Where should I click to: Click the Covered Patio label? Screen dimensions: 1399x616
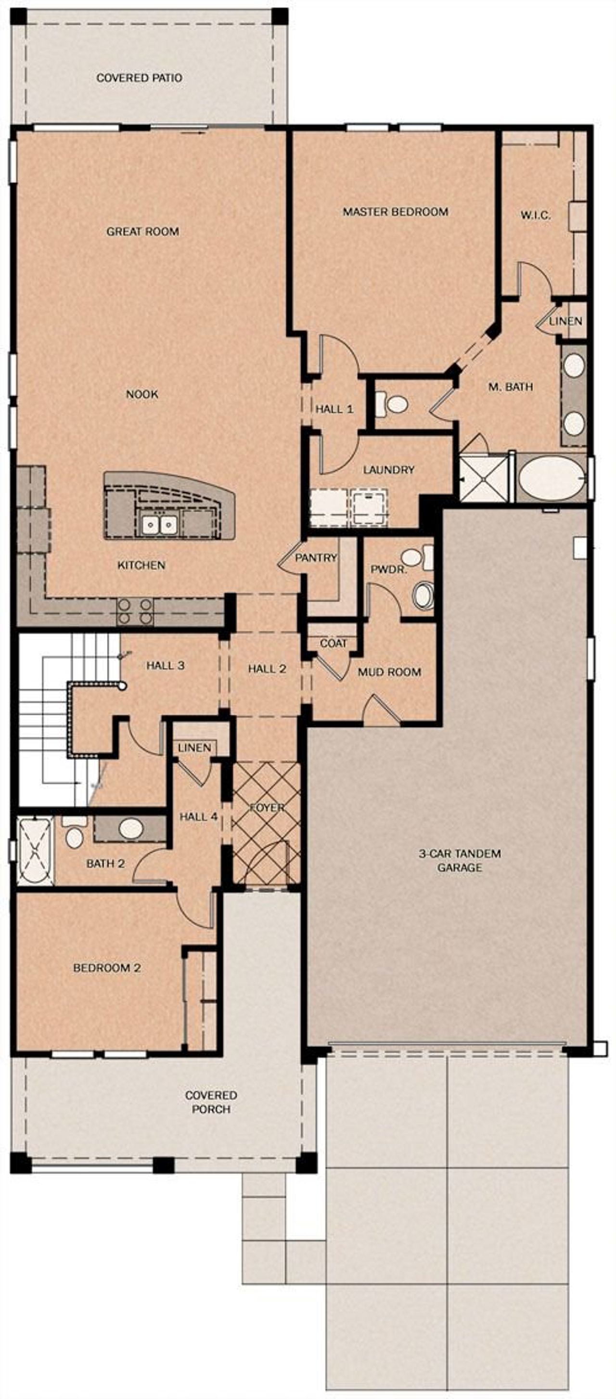pos(139,78)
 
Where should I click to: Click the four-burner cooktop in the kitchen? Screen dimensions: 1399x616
pos(135,610)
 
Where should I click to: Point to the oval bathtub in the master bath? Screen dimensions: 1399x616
pos(551,479)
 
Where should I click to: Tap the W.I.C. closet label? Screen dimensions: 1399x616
pos(536,216)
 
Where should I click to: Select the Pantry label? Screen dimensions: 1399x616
pos(316,558)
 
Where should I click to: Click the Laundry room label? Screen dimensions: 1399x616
pos(388,470)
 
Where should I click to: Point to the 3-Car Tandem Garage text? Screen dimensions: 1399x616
pos(460,860)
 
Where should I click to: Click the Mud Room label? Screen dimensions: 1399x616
pos(389,673)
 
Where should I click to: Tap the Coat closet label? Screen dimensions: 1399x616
pos(333,644)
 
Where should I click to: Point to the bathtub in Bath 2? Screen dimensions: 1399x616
pos(35,851)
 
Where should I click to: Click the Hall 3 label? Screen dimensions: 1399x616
pos(165,666)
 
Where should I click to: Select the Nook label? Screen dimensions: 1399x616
pos(142,394)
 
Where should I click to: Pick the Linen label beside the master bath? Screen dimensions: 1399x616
pos(565,321)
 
